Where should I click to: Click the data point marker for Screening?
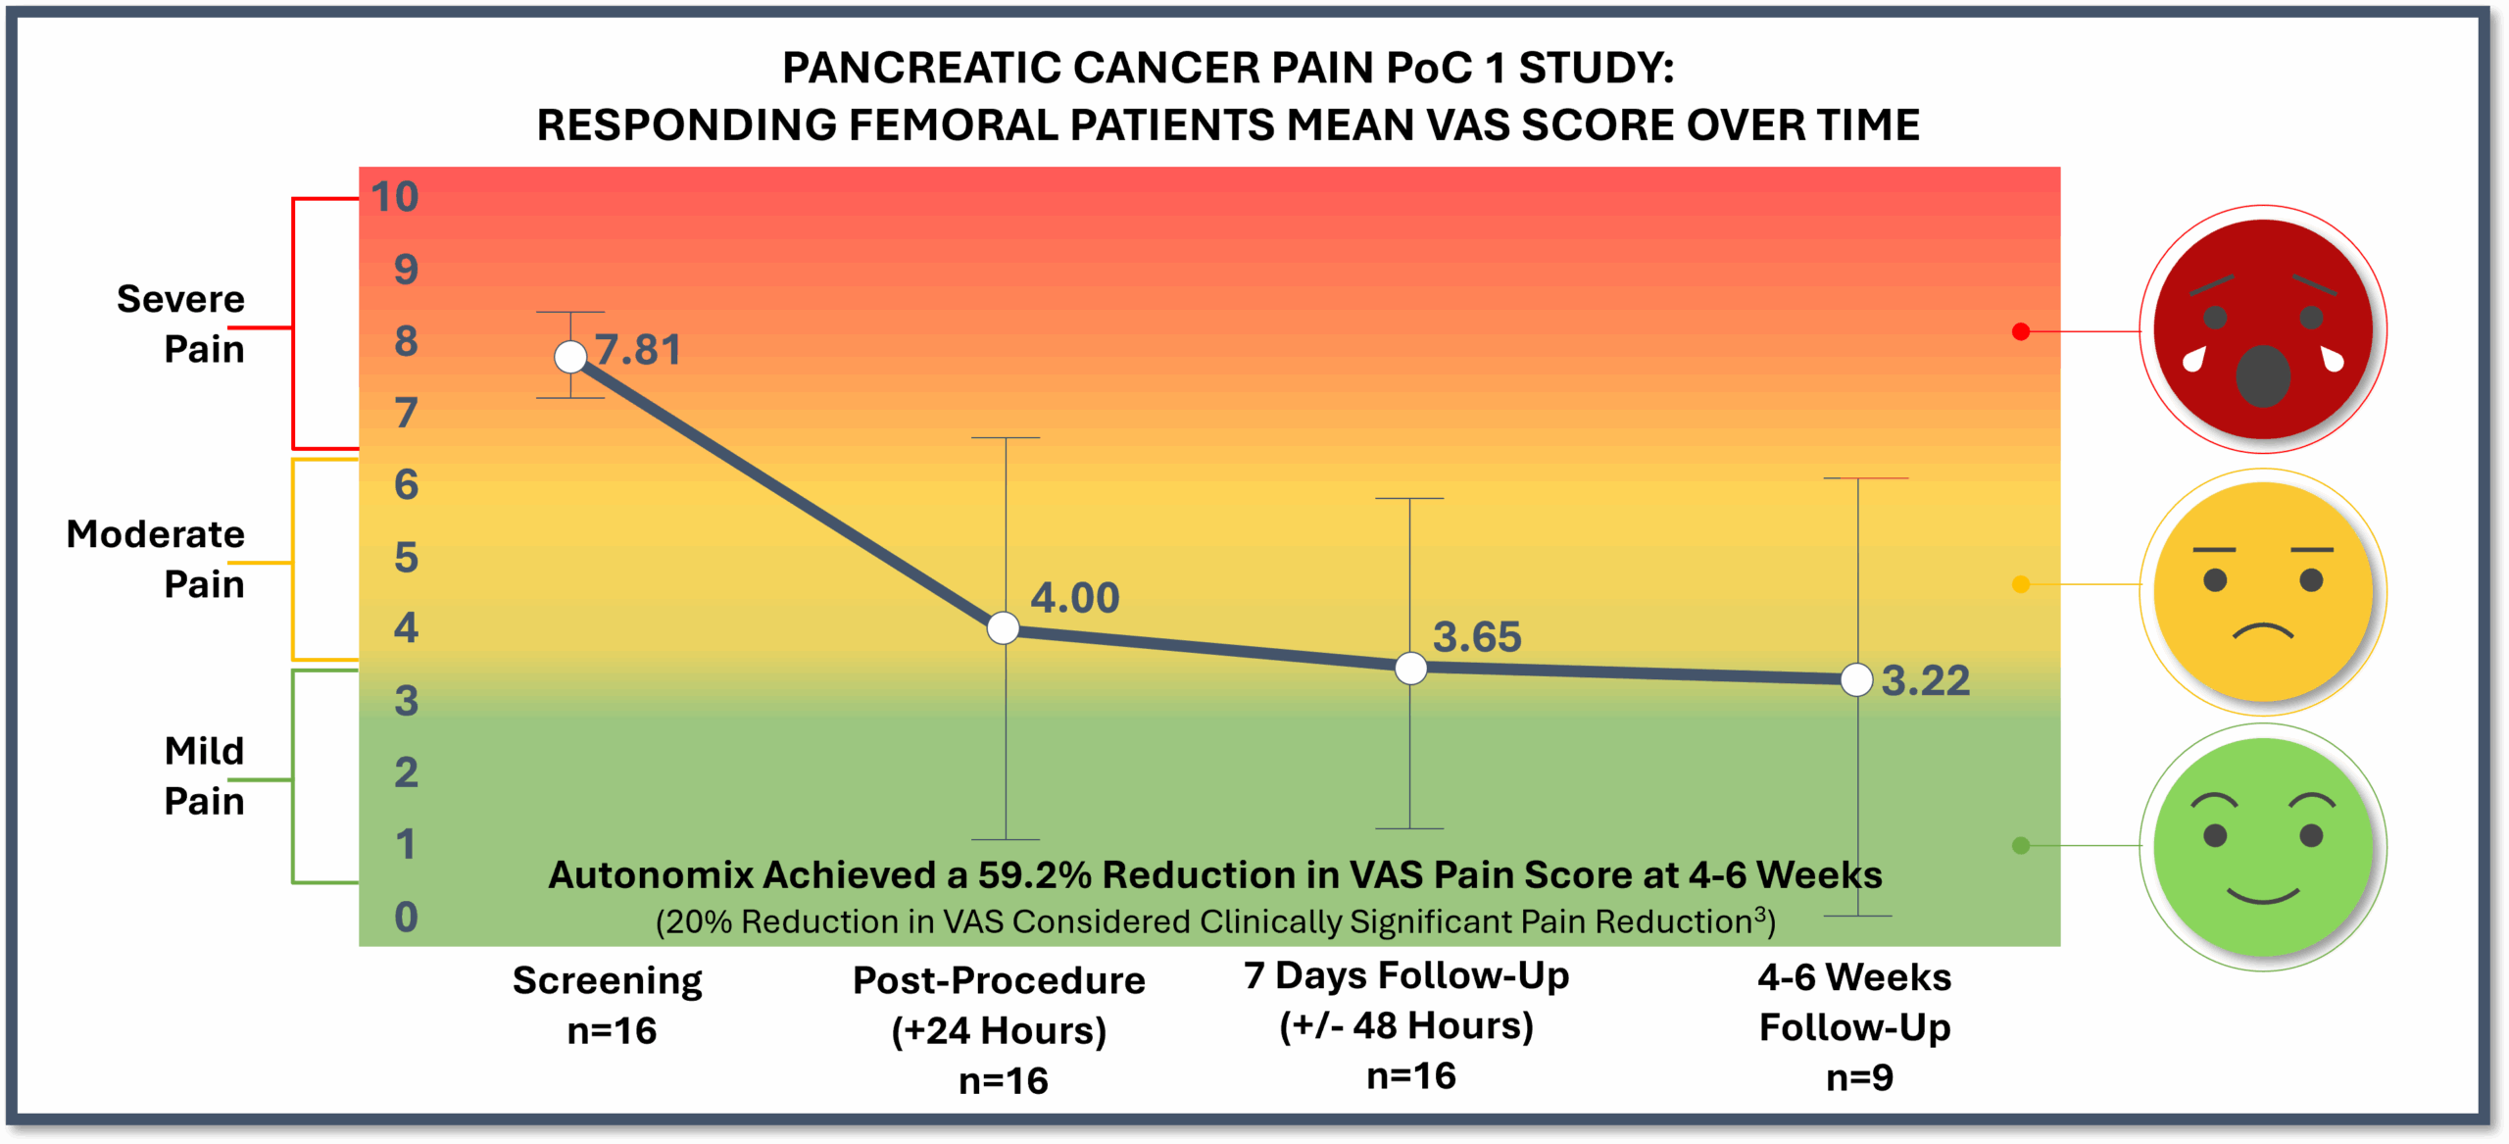pos(570,357)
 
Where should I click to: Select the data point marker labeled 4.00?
pos(1004,628)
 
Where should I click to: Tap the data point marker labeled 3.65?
pos(1410,669)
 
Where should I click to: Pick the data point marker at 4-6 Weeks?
pos(1856,679)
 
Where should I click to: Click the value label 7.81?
pos(638,351)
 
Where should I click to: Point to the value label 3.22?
pos(1925,681)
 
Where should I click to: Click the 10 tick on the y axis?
pos(395,198)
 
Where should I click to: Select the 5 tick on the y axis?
pos(406,558)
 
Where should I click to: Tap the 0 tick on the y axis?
pos(406,918)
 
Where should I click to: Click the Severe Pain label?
pos(181,323)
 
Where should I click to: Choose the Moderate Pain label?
pos(156,559)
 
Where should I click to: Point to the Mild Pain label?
pos(204,775)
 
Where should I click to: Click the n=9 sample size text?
pos(1859,1077)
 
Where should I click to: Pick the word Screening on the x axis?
pos(607,980)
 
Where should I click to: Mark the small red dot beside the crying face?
pos(2020,332)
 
